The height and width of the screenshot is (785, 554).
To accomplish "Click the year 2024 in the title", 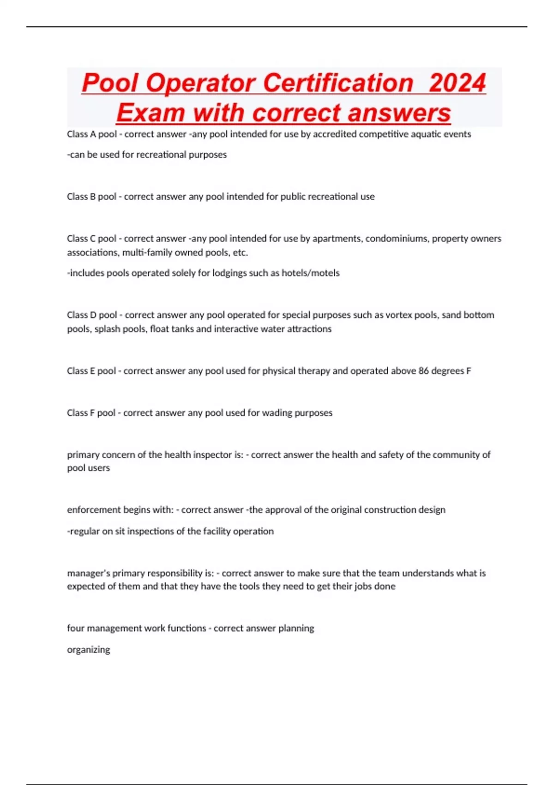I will [457, 83].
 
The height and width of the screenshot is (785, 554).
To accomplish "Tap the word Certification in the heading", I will [338, 83].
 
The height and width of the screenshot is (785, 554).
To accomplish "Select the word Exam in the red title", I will [151, 113].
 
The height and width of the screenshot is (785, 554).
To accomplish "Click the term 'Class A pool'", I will [92, 134].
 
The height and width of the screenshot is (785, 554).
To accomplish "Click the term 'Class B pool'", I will [91, 197].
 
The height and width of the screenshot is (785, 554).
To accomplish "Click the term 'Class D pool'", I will [92, 315].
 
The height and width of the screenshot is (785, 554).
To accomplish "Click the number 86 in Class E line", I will [423, 371].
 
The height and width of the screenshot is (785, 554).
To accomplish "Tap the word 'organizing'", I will [89, 650].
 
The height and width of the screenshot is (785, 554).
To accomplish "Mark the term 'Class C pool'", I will [91, 239].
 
